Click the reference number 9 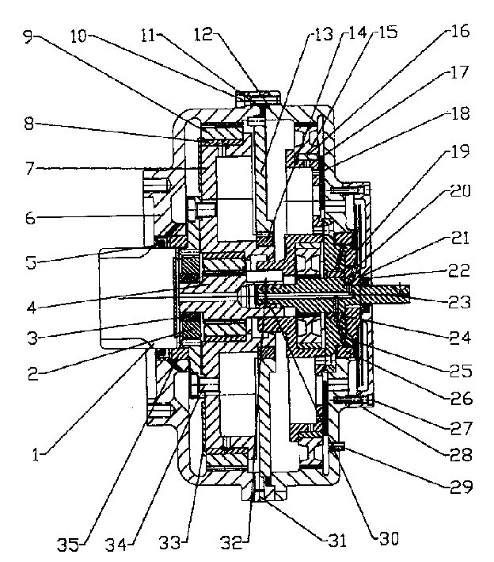tap(29, 37)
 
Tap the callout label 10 tap(78, 36)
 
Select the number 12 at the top tap(203, 34)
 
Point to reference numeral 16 tap(460, 31)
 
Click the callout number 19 tap(460, 151)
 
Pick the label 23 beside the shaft tap(460, 302)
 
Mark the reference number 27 tap(462, 427)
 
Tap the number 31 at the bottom tap(337, 541)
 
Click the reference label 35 tap(68, 545)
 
